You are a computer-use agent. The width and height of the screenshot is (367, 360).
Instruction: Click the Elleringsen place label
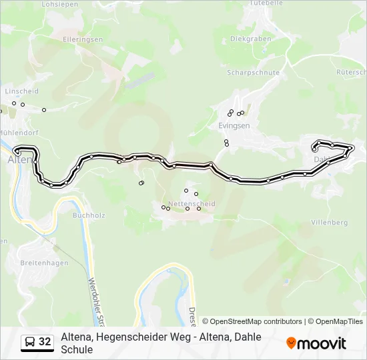pyautogui.click(x=82, y=39)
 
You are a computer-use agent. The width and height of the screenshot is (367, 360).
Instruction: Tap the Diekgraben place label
pyautogui.click(x=250, y=39)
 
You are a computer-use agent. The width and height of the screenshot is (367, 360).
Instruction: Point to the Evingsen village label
pyautogui.click(x=234, y=125)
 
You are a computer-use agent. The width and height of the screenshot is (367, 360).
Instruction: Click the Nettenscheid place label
pyautogui.click(x=192, y=203)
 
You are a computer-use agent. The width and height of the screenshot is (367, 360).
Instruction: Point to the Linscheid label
pyautogui.click(x=22, y=91)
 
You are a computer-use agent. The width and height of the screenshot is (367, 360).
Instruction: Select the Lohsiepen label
pyautogui.click(x=55, y=4)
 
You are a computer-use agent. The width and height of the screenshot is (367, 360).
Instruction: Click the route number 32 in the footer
pyautogui.click(x=45, y=342)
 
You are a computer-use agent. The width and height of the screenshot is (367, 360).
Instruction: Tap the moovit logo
pyautogui.click(x=316, y=343)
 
